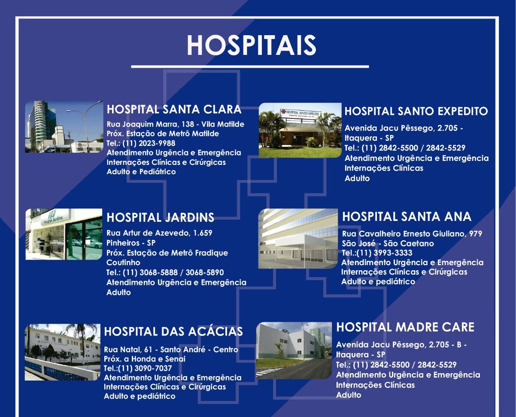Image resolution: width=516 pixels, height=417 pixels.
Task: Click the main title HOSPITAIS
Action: click(x=251, y=45)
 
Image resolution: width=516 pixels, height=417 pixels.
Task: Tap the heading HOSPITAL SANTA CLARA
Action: click(x=174, y=109)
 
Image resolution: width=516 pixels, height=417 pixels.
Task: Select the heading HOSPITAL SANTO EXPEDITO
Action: click(x=416, y=112)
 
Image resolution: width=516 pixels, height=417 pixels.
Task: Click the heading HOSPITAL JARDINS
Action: click(x=161, y=218)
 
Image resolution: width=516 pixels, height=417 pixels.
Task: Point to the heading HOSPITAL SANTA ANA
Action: click(x=407, y=217)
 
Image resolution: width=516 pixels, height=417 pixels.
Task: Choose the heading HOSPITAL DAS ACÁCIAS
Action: click(x=173, y=332)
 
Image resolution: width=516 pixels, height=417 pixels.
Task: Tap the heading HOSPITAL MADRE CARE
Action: click(x=405, y=327)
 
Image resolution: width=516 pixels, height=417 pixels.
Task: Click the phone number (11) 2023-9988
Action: click(x=149, y=143)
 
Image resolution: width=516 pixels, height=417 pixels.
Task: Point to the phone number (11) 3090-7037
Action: click(x=145, y=369)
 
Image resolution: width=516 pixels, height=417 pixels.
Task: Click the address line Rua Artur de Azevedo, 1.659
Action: click(x=159, y=233)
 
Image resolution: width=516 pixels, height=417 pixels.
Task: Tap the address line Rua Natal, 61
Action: click(x=130, y=350)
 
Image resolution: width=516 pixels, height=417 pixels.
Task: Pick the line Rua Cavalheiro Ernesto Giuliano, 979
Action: click(x=412, y=234)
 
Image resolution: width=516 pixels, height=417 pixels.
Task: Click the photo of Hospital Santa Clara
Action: click(x=64, y=127)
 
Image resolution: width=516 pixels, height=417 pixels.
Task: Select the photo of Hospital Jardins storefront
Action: click(x=64, y=234)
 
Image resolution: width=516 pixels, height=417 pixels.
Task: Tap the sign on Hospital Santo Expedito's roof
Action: click(x=300, y=113)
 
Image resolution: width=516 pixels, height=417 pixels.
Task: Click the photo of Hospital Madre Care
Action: click(x=294, y=351)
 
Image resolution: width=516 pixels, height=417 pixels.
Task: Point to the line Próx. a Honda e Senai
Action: click(x=145, y=359)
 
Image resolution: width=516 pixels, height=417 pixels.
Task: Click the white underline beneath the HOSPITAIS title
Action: click(x=250, y=66)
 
